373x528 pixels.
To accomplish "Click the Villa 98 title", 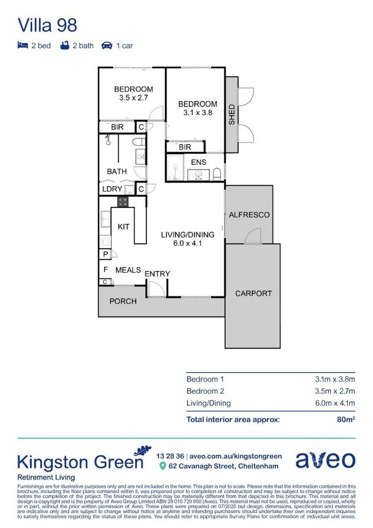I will (47, 25).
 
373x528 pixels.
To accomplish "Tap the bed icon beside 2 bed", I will (22, 45).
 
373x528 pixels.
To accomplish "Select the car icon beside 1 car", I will (106, 45).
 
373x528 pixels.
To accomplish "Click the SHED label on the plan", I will (232, 114).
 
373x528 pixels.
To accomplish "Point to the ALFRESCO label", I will (249, 215).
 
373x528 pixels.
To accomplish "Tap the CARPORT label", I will (253, 293).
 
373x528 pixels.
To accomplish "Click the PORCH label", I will (123, 301).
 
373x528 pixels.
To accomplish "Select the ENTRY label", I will (157, 274).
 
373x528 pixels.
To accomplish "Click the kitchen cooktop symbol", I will (123, 201).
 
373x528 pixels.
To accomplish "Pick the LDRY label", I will (112, 189).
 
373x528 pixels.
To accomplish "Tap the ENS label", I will (199, 162).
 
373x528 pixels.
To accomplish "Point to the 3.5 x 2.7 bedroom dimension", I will (133, 98).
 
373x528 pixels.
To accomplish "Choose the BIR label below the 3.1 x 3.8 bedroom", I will (185, 147).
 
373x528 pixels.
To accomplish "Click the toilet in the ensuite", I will (217, 174).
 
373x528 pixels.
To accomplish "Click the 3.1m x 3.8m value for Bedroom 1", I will (334, 379).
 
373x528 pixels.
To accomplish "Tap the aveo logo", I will (325, 460).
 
